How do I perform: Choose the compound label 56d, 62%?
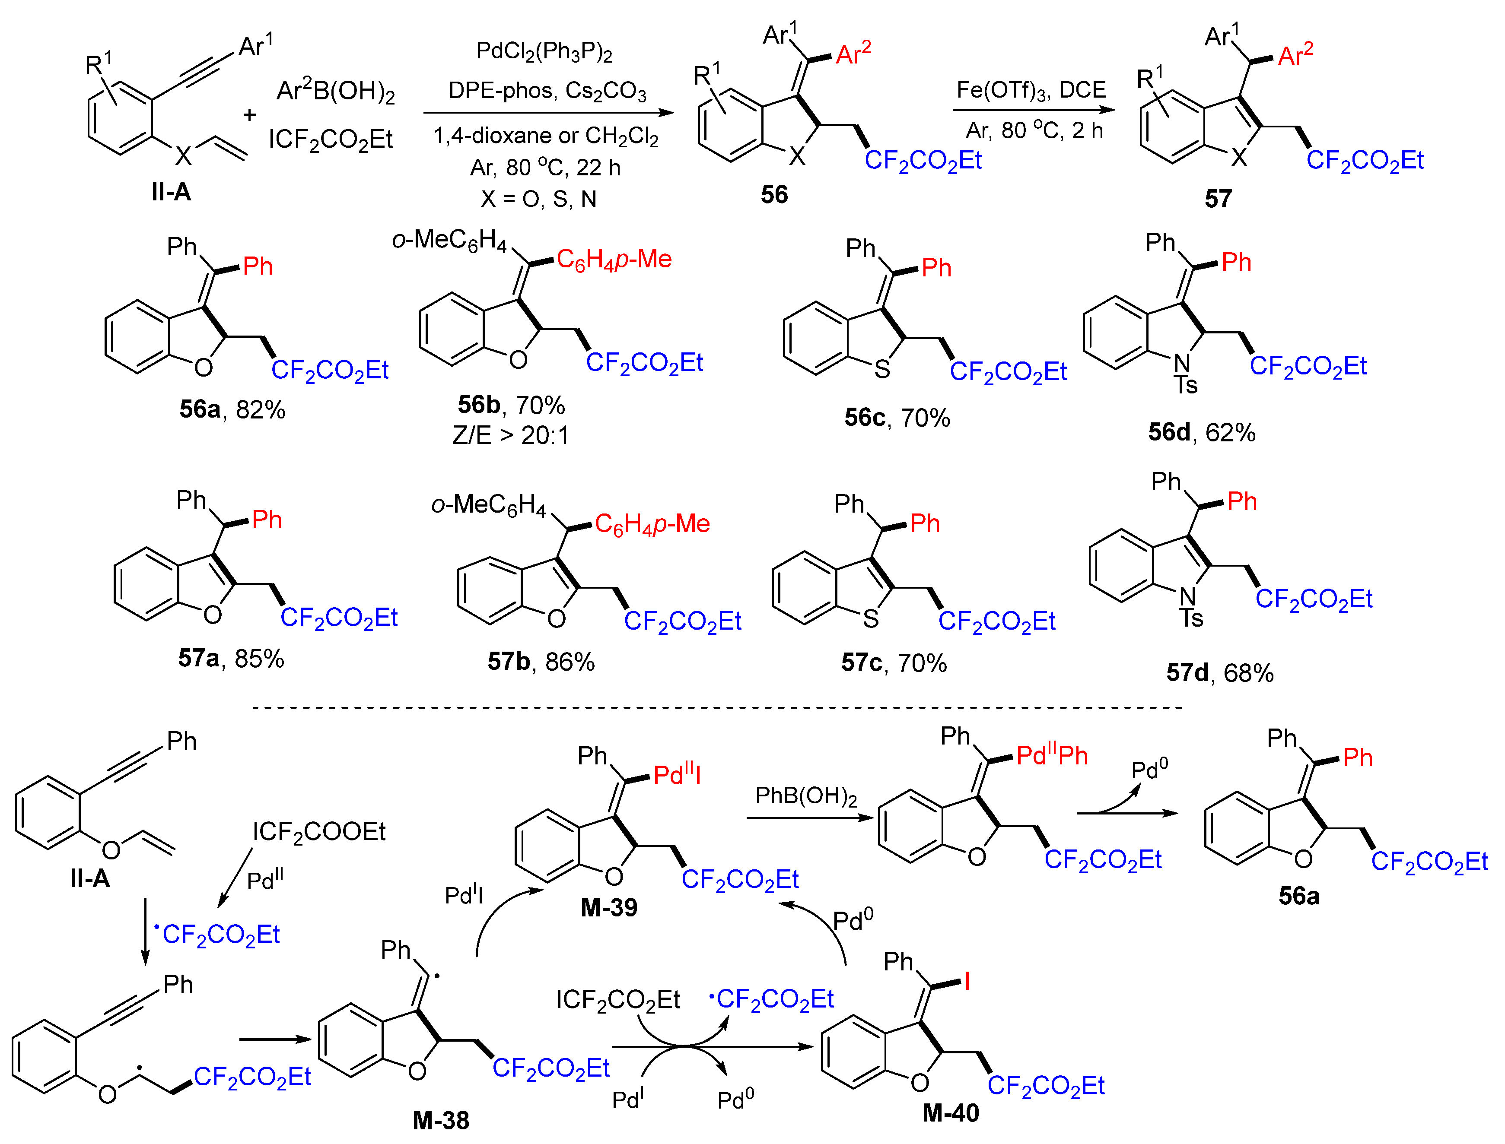pos(1201,432)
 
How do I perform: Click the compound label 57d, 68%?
pos(1219,673)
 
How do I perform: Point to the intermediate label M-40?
pos(951,1112)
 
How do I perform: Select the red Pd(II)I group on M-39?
pos(677,775)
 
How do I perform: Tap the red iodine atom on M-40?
pos(966,981)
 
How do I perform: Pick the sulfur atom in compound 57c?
pos(871,618)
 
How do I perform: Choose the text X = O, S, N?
pos(538,199)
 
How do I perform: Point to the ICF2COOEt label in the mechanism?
pos(319,831)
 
